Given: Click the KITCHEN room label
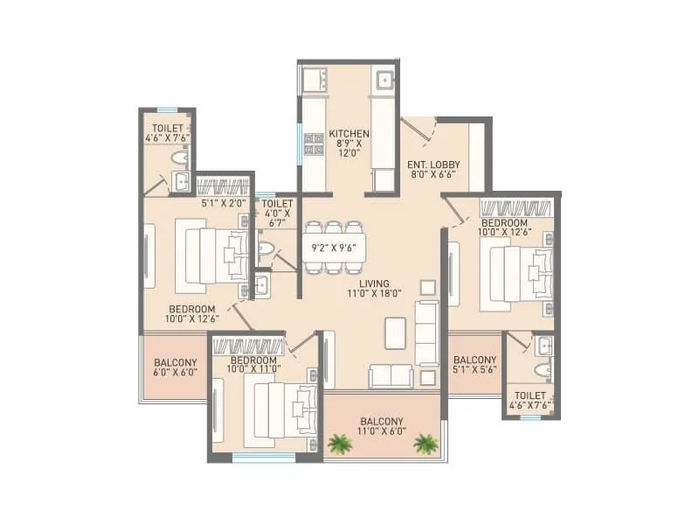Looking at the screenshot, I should point(349,134).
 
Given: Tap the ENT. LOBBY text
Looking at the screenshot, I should point(433,164).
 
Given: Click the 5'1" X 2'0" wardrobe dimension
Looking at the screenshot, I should point(222,204).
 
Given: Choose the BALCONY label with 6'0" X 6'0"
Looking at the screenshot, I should point(175,363).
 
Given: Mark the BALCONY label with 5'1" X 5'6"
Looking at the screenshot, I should point(475,360).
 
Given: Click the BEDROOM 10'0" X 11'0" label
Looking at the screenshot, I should point(253,360).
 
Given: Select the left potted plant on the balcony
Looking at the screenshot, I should point(337,444).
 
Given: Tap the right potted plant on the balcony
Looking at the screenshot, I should point(426,444).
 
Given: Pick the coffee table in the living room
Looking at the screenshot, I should point(395,332).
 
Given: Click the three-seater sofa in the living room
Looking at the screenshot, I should point(426,332).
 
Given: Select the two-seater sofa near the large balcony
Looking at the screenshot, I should point(391,375).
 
